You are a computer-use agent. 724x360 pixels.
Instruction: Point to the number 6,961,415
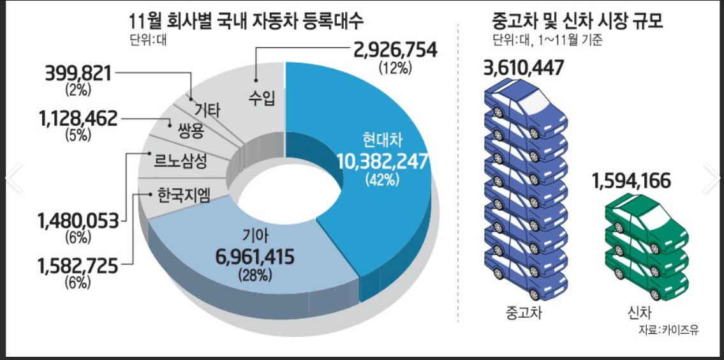tap(255, 258)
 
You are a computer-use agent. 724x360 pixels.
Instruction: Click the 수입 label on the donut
tap(262, 99)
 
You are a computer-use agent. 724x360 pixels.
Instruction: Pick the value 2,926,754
tap(392, 51)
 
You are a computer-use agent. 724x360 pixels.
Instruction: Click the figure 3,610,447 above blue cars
tap(524, 68)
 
